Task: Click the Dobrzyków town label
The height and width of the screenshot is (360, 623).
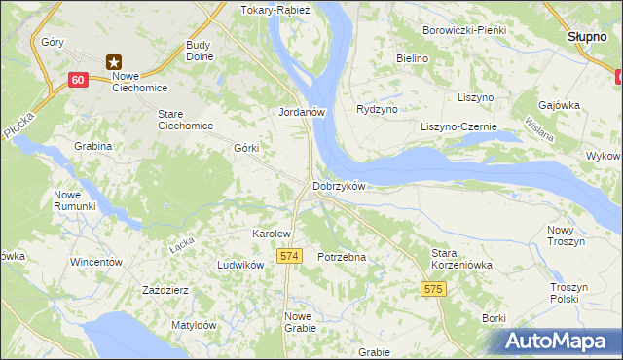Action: click(x=338, y=186)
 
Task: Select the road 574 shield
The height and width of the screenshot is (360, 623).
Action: click(x=287, y=255)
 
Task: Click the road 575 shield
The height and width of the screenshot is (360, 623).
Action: click(x=434, y=289)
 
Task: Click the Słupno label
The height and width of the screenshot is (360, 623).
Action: click(x=587, y=36)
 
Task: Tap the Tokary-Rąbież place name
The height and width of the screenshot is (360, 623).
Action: click(x=275, y=10)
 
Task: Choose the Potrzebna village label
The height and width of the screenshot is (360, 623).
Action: click(x=341, y=257)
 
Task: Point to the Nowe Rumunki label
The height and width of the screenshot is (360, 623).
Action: click(x=74, y=200)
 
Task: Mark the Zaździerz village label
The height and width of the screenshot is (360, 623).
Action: click(x=165, y=290)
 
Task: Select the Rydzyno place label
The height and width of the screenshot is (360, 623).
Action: click(x=377, y=110)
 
